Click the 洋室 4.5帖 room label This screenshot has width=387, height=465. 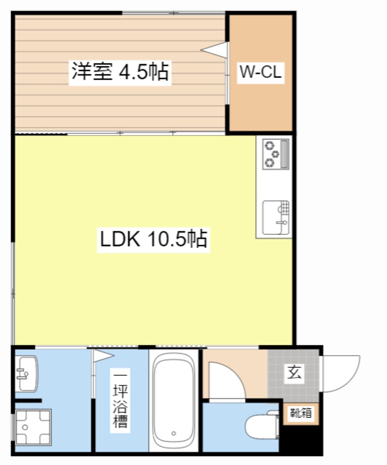pos(120,72)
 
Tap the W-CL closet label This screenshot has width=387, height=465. pos(260,72)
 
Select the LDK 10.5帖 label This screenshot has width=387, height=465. pos(153,239)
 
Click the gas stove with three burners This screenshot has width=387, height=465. pos(275,154)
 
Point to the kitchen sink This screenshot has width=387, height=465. pos(276,217)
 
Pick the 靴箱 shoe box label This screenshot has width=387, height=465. pos(301,413)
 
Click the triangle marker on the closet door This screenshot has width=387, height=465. pos(215,50)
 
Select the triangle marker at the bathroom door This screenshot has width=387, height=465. pos(102,355)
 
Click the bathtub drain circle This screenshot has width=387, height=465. pos(173,433)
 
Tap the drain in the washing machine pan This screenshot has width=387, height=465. pos(26,426)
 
